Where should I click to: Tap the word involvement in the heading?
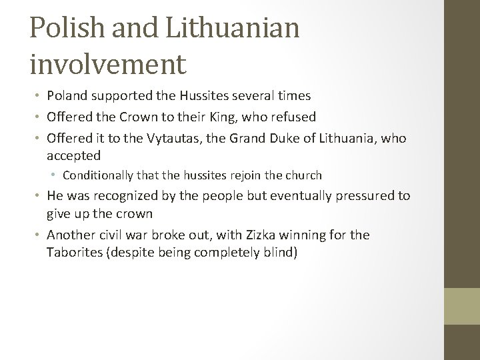(107, 65)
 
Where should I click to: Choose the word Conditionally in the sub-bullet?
(99, 175)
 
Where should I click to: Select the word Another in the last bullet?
(70, 235)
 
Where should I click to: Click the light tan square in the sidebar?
(462, 305)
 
